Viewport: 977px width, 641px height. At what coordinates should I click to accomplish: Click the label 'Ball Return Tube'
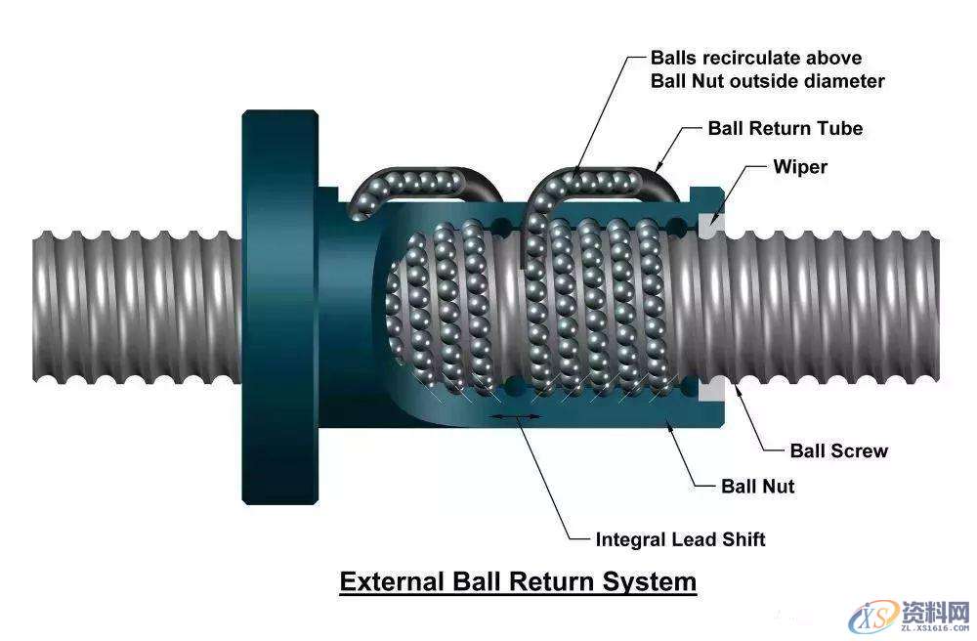pyautogui.click(x=785, y=128)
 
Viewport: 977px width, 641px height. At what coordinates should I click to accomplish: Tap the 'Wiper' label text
pyautogui.click(x=800, y=166)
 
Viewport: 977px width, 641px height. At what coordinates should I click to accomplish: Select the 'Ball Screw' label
pyautogui.click(x=838, y=450)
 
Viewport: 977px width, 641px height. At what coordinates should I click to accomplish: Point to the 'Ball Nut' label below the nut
pyautogui.click(x=757, y=486)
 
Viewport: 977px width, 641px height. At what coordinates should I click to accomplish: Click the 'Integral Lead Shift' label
pyautogui.click(x=680, y=539)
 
